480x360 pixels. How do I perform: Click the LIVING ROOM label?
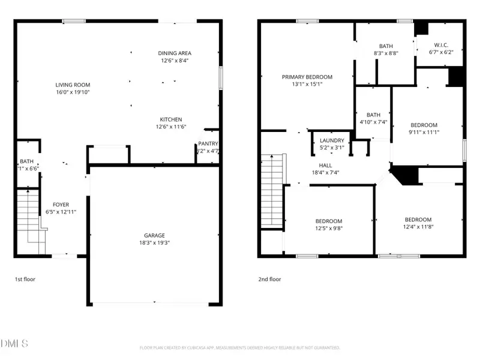click(x=73, y=85)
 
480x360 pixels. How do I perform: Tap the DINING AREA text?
click(x=175, y=53)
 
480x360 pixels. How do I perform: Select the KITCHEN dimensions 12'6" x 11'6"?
click(x=171, y=127)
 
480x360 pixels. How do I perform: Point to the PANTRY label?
click(x=208, y=144)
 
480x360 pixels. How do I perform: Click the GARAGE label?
click(x=154, y=236)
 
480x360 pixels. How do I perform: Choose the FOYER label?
click(x=61, y=205)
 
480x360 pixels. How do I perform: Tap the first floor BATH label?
click(x=26, y=161)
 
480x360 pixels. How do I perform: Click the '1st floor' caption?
click(x=26, y=279)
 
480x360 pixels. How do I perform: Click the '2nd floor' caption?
click(x=269, y=279)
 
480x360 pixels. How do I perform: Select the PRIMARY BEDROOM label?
click(x=308, y=77)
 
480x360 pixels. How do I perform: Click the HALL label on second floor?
click(x=325, y=164)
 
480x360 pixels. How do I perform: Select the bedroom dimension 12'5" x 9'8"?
click(x=329, y=228)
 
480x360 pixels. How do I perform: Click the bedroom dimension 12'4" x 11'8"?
click(x=418, y=227)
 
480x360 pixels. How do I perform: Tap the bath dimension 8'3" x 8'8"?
click(x=386, y=53)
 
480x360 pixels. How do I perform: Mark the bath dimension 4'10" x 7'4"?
click(x=373, y=122)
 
